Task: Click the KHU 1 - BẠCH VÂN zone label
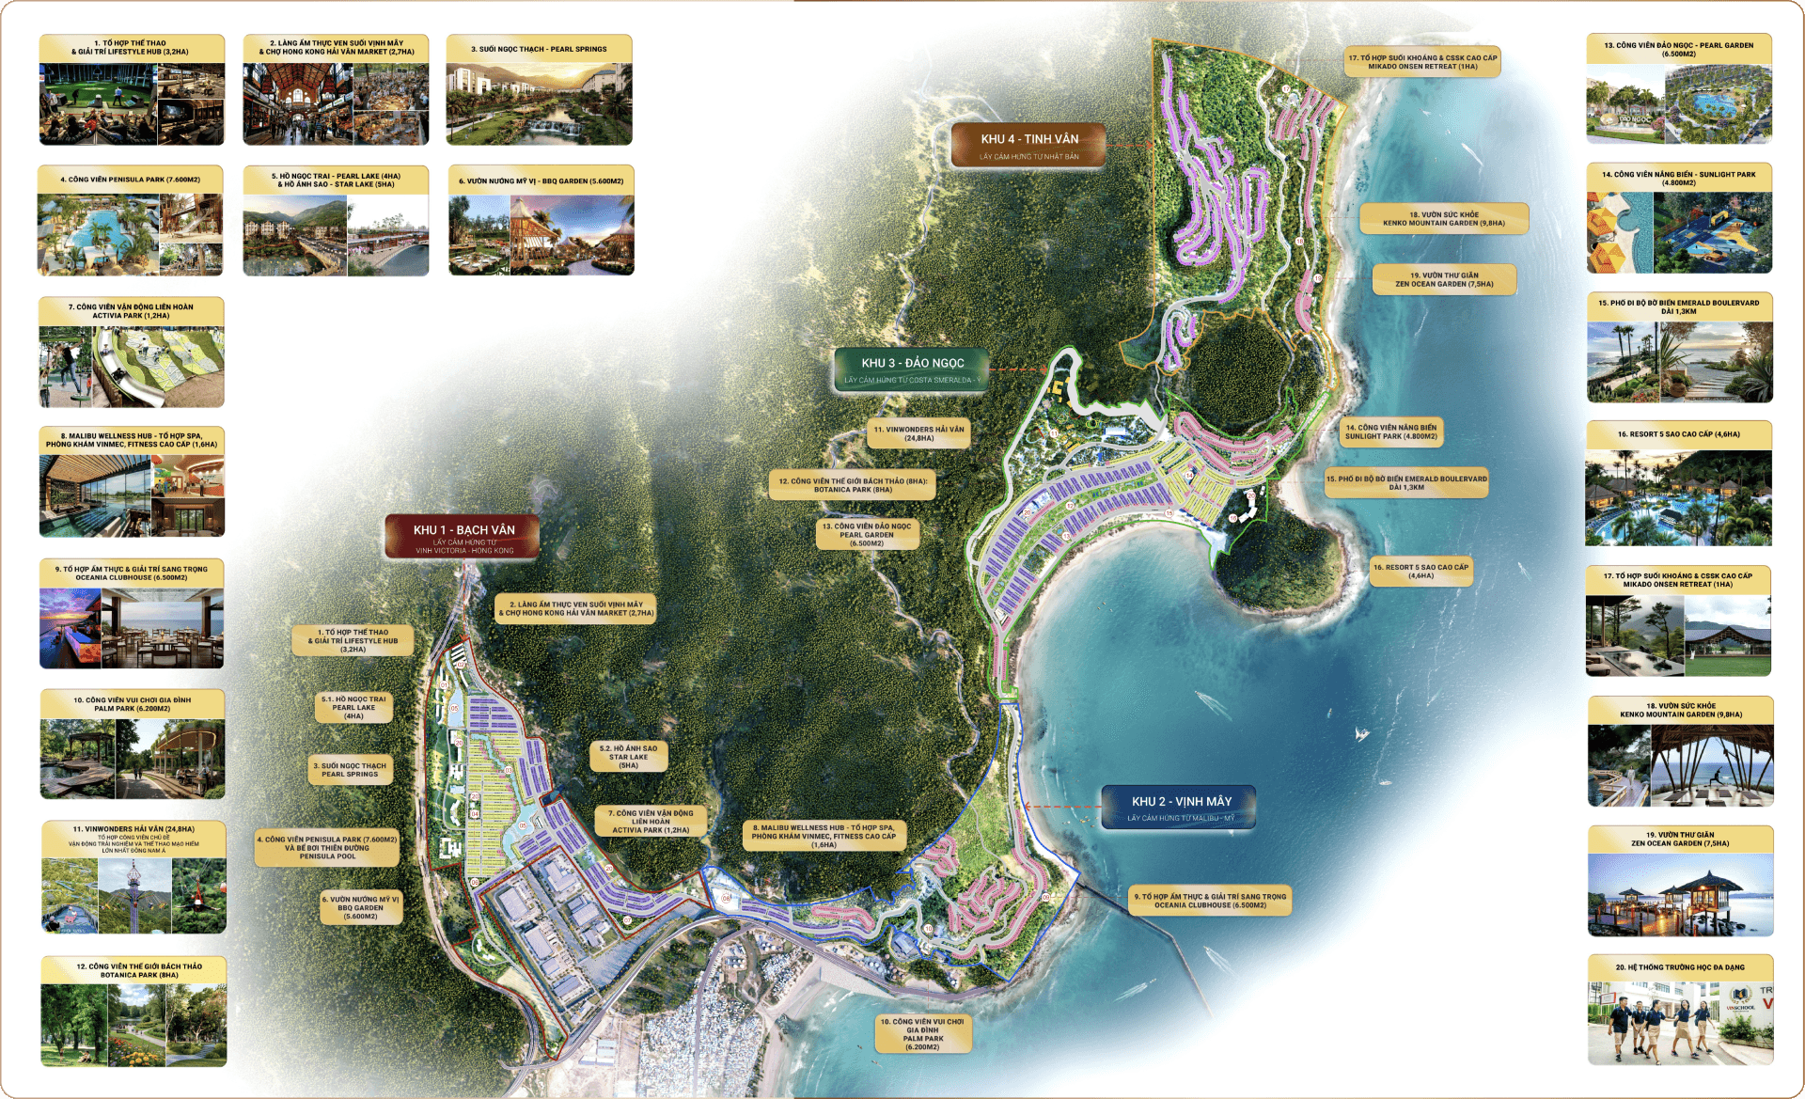462,537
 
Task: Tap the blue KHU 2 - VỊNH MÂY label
1180,807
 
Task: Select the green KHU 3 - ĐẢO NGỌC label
912,369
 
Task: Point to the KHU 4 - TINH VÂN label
1028,145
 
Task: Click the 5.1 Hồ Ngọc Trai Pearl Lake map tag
353,708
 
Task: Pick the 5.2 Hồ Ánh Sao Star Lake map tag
628,757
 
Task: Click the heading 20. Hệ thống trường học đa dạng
1680,967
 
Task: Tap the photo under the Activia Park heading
132,367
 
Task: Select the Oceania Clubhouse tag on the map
1210,901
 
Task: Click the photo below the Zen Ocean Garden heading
1680,894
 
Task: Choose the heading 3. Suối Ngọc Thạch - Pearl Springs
539,49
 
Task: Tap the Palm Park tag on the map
922,1034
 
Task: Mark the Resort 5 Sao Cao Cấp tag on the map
1420,572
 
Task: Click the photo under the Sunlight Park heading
1679,232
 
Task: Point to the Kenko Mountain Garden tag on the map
1443,219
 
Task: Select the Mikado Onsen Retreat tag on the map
1422,62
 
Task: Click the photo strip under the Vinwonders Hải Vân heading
133,895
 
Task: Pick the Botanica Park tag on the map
853,485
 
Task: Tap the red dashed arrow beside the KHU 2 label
1062,807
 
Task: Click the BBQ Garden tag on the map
361,907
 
